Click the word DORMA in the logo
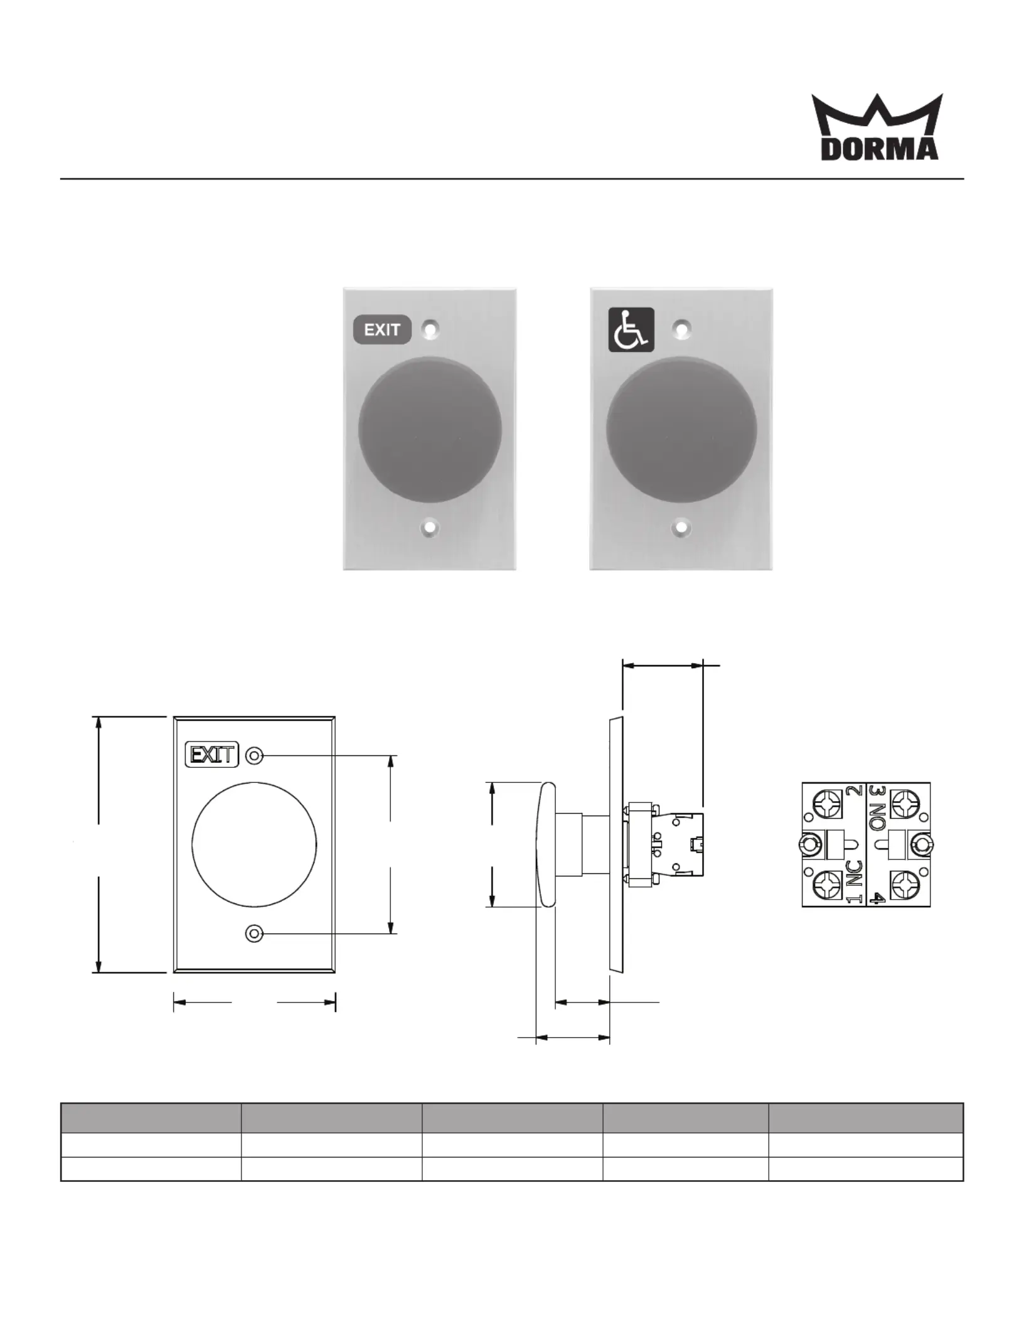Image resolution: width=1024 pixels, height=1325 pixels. coord(880,149)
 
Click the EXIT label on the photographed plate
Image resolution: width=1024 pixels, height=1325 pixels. coord(382,329)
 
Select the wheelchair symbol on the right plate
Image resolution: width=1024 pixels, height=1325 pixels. coord(631,329)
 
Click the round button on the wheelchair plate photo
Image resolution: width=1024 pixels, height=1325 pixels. coord(681,430)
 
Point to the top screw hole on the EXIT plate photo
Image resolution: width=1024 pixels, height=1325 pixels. coord(430,329)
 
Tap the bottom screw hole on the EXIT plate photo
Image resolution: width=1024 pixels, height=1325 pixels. coord(430,528)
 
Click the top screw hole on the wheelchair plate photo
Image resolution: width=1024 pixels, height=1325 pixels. coord(682,327)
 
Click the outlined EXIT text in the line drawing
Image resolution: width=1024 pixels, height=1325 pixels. coord(213,754)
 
